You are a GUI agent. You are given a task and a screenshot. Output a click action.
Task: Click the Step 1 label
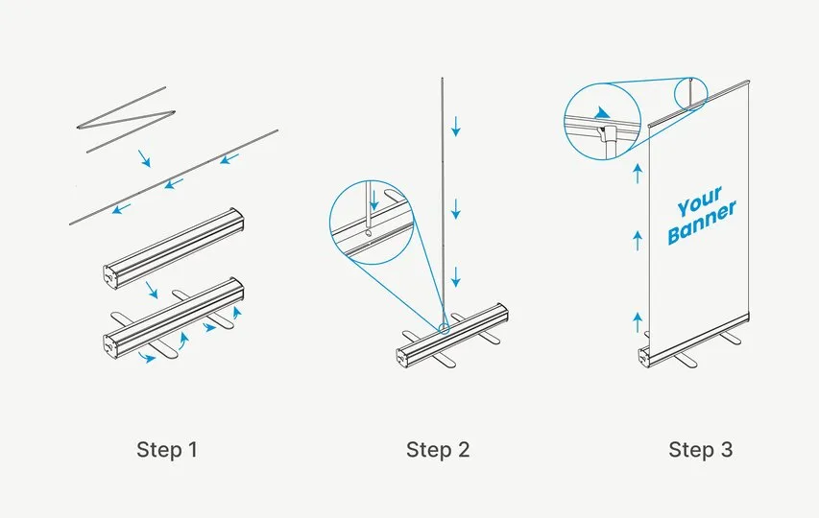click(167, 450)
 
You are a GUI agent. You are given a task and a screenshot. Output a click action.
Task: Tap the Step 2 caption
click(438, 450)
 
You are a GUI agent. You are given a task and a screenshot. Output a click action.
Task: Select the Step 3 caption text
click(701, 450)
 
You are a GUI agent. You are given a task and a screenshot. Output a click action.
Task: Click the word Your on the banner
click(699, 200)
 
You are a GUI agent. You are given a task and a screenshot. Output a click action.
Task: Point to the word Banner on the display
click(702, 223)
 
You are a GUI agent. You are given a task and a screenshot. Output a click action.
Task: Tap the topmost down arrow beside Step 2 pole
click(456, 127)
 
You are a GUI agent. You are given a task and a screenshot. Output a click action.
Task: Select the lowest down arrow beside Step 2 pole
click(456, 276)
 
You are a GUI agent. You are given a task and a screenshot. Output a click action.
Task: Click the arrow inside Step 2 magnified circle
click(374, 200)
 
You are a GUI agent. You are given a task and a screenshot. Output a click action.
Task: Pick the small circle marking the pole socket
click(444, 329)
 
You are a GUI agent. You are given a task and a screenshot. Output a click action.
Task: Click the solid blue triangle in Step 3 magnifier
click(602, 113)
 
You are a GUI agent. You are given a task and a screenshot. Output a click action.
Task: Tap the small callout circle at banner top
click(690, 94)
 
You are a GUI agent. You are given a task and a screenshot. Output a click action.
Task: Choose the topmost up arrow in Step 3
click(638, 174)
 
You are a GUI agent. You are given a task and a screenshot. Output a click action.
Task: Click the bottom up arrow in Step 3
click(638, 322)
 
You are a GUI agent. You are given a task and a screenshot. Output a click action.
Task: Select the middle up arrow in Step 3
click(638, 241)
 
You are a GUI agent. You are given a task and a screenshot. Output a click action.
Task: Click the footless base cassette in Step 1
click(174, 247)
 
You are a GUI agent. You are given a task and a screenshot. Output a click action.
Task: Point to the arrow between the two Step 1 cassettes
click(152, 290)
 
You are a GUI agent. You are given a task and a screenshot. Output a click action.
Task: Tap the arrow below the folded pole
click(144, 158)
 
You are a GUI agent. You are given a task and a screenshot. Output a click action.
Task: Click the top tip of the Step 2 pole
click(442, 79)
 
